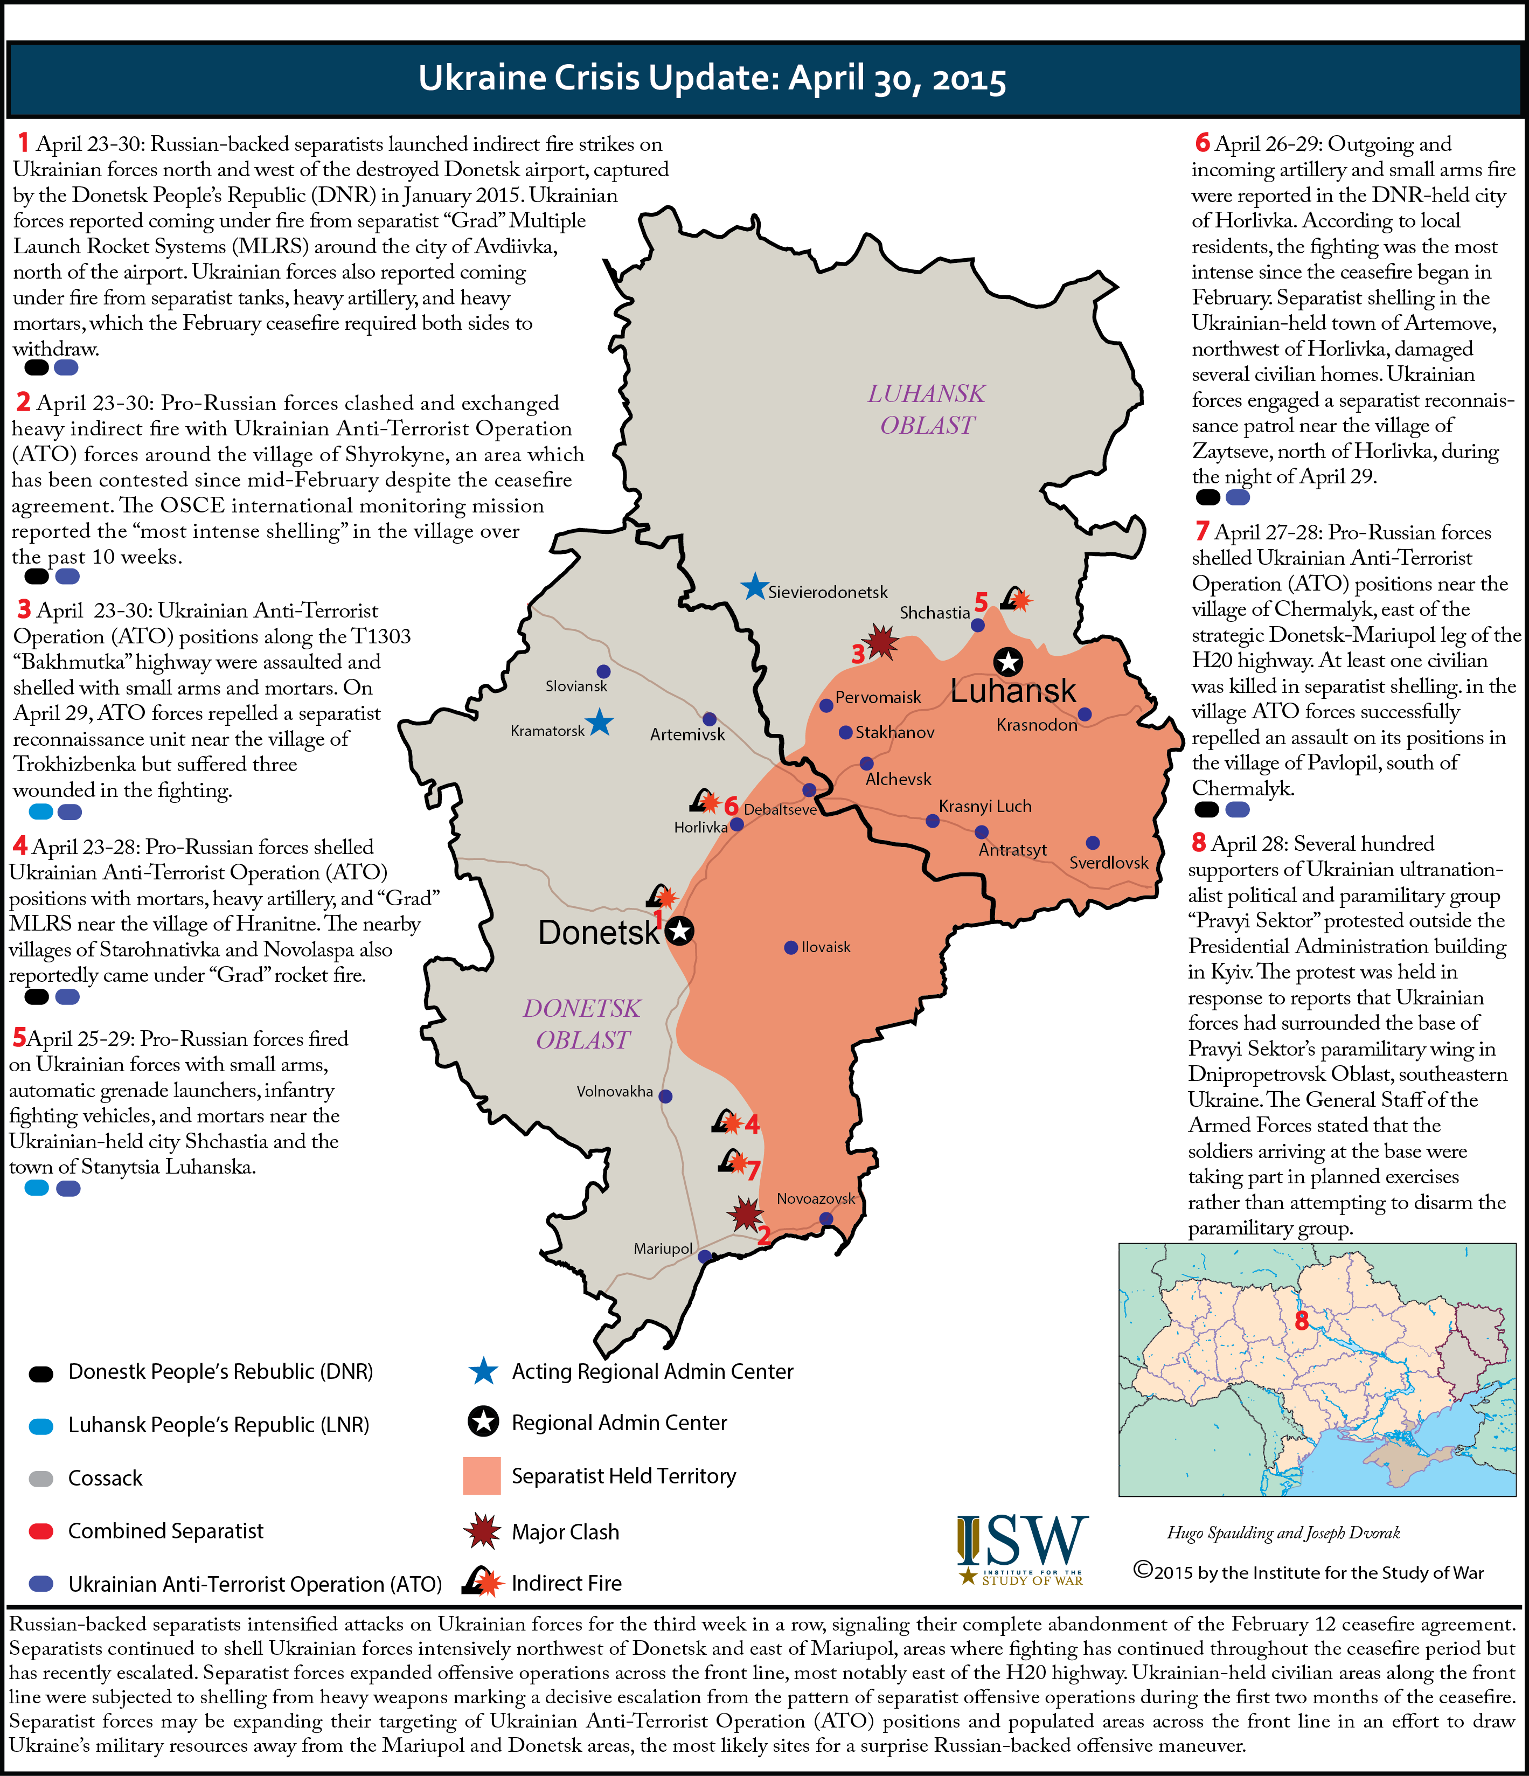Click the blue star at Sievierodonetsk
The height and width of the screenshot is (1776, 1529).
tap(754, 587)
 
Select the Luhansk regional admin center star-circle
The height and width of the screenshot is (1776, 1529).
tap(1008, 662)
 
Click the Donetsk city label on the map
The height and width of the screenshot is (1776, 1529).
tap(598, 933)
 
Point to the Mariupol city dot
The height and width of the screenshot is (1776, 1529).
tap(705, 1257)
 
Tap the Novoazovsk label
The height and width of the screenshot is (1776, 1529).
tap(815, 1198)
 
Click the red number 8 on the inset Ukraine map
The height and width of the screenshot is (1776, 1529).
tap(1301, 1320)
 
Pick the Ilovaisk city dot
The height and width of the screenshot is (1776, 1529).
tap(791, 947)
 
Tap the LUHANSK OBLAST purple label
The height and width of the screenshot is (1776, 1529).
tap(927, 409)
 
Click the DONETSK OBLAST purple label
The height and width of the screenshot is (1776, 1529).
tap(582, 1023)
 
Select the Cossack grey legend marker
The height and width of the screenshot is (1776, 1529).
tap(41, 1479)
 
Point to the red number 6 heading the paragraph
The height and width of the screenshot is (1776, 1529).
tap(1203, 143)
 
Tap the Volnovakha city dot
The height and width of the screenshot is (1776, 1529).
tap(665, 1097)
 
